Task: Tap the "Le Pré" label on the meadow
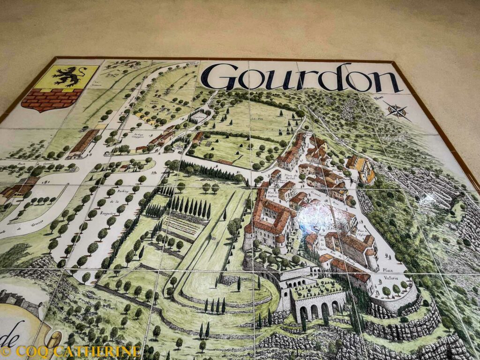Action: click(x=256, y=119)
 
